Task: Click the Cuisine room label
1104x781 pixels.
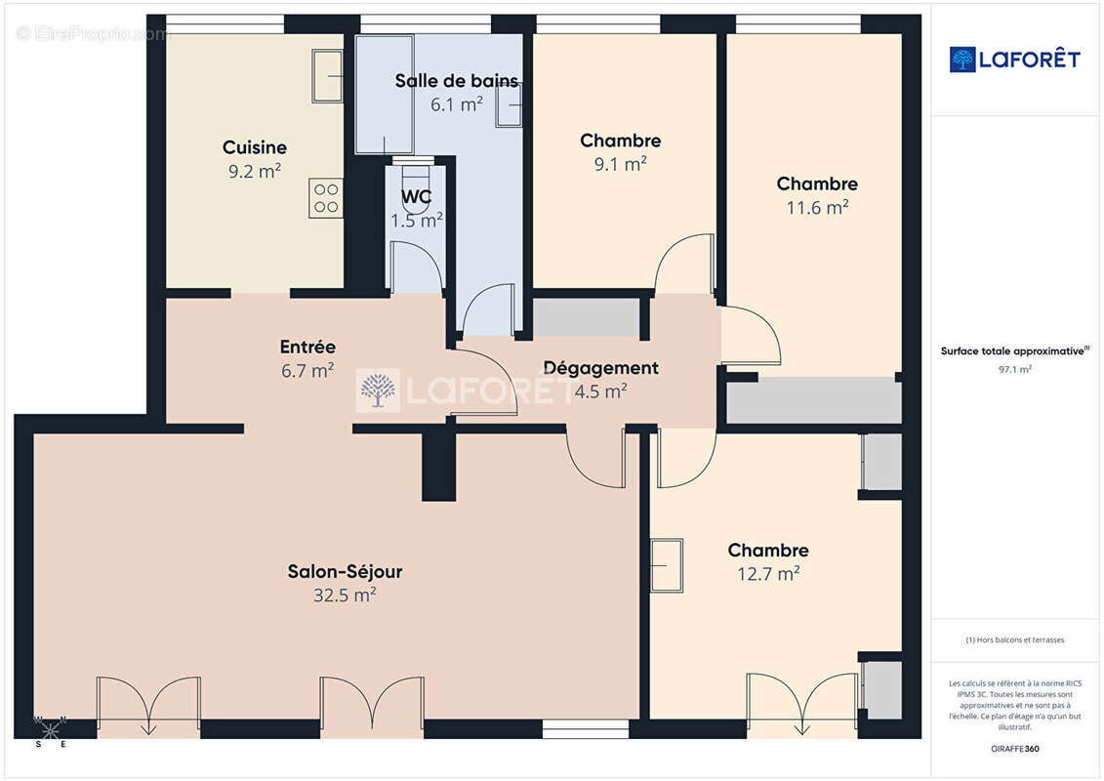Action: [254, 147]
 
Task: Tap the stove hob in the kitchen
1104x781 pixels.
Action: [326, 198]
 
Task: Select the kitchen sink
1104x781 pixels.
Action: [327, 76]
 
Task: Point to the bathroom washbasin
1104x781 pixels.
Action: [510, 104]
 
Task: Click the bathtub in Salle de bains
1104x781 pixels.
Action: [385, 94]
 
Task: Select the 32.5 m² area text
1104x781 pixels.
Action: [345, 595]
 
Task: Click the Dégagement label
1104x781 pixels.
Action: [600, 368]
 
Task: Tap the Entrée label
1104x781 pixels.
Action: [307, 347]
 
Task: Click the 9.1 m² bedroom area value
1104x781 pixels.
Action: [620, 164]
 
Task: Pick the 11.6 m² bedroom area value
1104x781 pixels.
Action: [817, 207]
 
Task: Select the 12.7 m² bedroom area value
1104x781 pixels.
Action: [768, 574]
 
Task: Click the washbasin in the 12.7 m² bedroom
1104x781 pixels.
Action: [667, 565]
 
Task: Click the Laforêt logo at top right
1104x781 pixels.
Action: [1015, 60]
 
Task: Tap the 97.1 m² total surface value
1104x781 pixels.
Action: [1015, 370]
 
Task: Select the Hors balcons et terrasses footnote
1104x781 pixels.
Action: [1015, 640]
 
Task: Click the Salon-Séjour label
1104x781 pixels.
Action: [345, 571]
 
